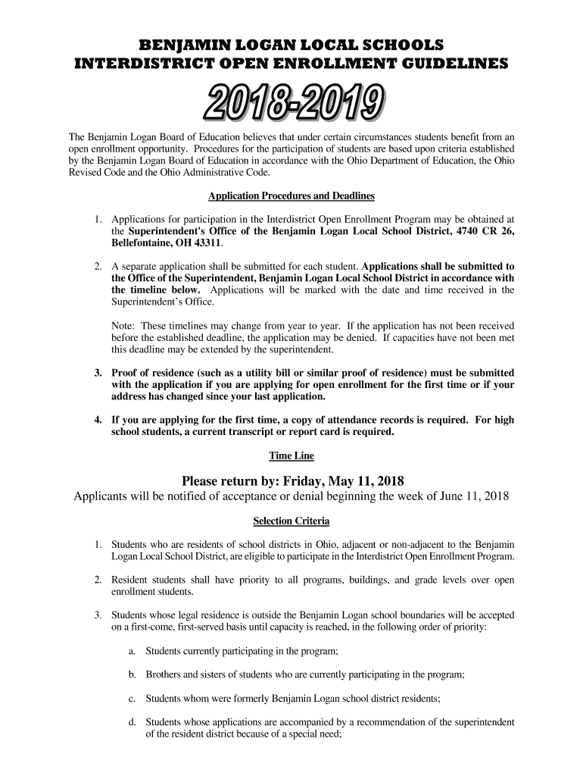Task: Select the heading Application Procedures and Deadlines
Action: click(x=291, y=196)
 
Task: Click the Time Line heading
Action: click(x=291, y=456)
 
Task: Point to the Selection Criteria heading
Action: click(x=291, y=522)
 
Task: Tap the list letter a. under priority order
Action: click(x=132, y=651)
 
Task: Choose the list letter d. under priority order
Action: click(x=132, y=721)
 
